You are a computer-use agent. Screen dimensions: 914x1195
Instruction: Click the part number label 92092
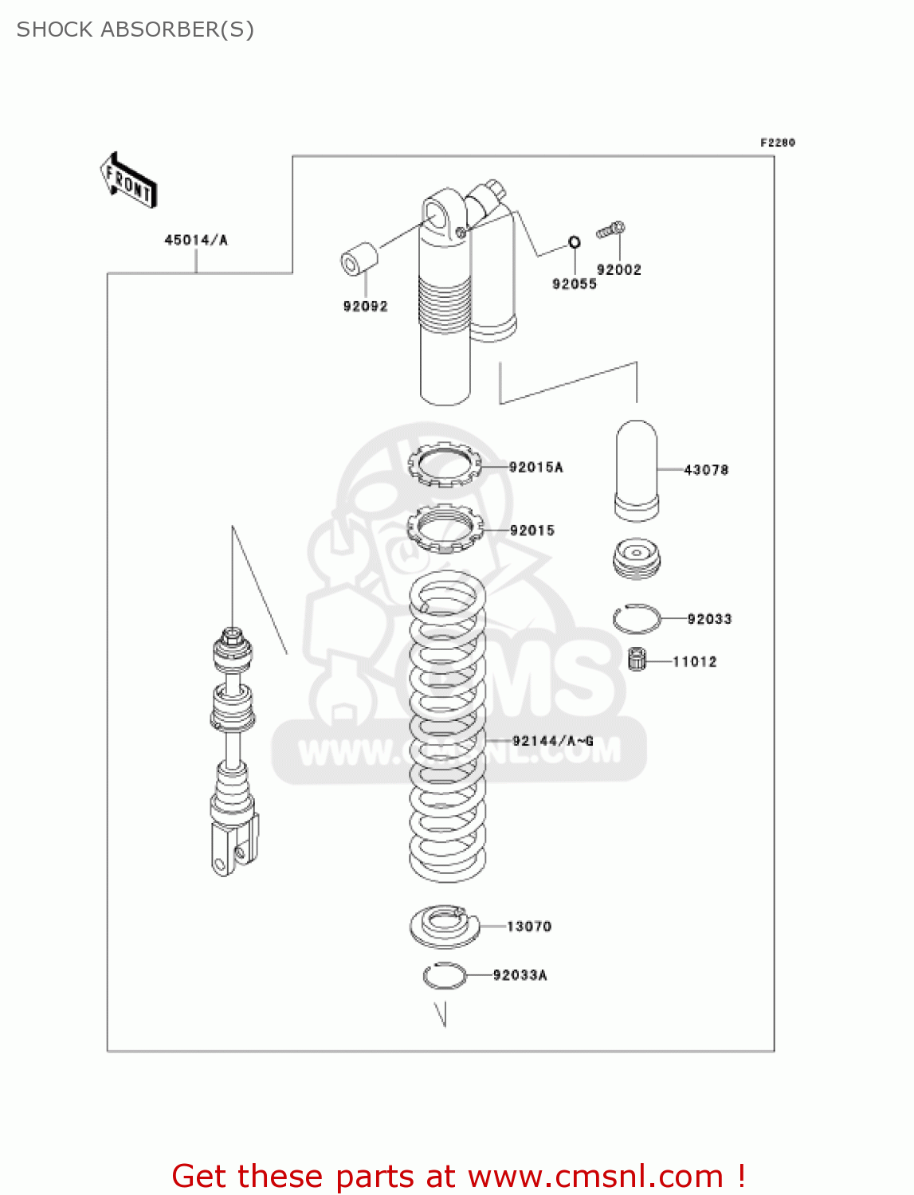365,306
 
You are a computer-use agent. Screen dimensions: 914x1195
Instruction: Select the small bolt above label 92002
611,231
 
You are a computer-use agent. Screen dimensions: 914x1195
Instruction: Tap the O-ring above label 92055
574,242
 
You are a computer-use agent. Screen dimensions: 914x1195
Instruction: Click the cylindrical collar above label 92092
359,258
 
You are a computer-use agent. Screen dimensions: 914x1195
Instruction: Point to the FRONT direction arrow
128,181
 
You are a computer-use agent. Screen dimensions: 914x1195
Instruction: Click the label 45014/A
196,240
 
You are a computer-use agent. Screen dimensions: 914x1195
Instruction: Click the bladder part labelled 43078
637,470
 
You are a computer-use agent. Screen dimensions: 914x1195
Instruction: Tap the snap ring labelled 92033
637,618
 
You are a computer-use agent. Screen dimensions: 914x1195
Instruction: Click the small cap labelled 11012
637,659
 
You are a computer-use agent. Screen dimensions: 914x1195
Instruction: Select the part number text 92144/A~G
552,741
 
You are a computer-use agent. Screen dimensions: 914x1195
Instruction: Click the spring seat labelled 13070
444,926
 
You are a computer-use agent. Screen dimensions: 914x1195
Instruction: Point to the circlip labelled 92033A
444,975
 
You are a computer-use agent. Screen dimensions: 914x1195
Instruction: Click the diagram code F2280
777,143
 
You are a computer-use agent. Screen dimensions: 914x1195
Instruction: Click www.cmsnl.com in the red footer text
595,1176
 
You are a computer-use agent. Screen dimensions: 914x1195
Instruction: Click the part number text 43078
706,470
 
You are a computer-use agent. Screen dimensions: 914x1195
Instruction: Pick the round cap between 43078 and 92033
637,558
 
